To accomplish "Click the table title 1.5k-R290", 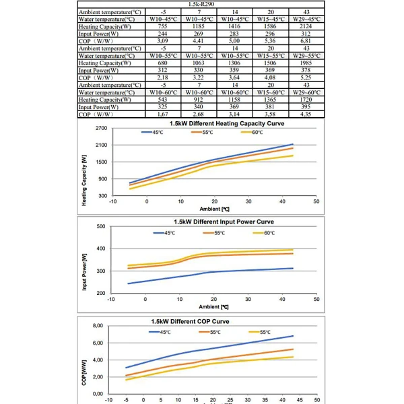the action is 201,4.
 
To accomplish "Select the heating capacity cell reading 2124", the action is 306,26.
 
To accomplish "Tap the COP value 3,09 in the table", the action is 162,41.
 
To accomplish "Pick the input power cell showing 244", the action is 162,34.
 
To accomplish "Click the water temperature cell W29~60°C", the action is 306,92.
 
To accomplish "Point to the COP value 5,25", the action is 306,77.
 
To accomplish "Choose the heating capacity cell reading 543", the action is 162,100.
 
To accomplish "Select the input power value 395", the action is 306,106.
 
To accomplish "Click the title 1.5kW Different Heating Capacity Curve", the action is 227,124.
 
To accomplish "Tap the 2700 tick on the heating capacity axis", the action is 101,128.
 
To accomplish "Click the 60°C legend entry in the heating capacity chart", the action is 252,132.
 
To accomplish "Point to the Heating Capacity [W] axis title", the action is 84,180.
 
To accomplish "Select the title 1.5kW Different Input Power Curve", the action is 224,222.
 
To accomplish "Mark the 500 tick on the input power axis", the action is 101,226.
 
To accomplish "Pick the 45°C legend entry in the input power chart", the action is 164,233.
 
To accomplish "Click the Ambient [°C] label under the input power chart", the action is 214,306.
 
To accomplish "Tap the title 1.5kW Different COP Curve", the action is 190,322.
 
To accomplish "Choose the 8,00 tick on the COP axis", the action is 98,326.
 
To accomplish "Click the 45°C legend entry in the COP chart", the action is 160,332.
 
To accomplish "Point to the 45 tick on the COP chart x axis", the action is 300,400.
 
